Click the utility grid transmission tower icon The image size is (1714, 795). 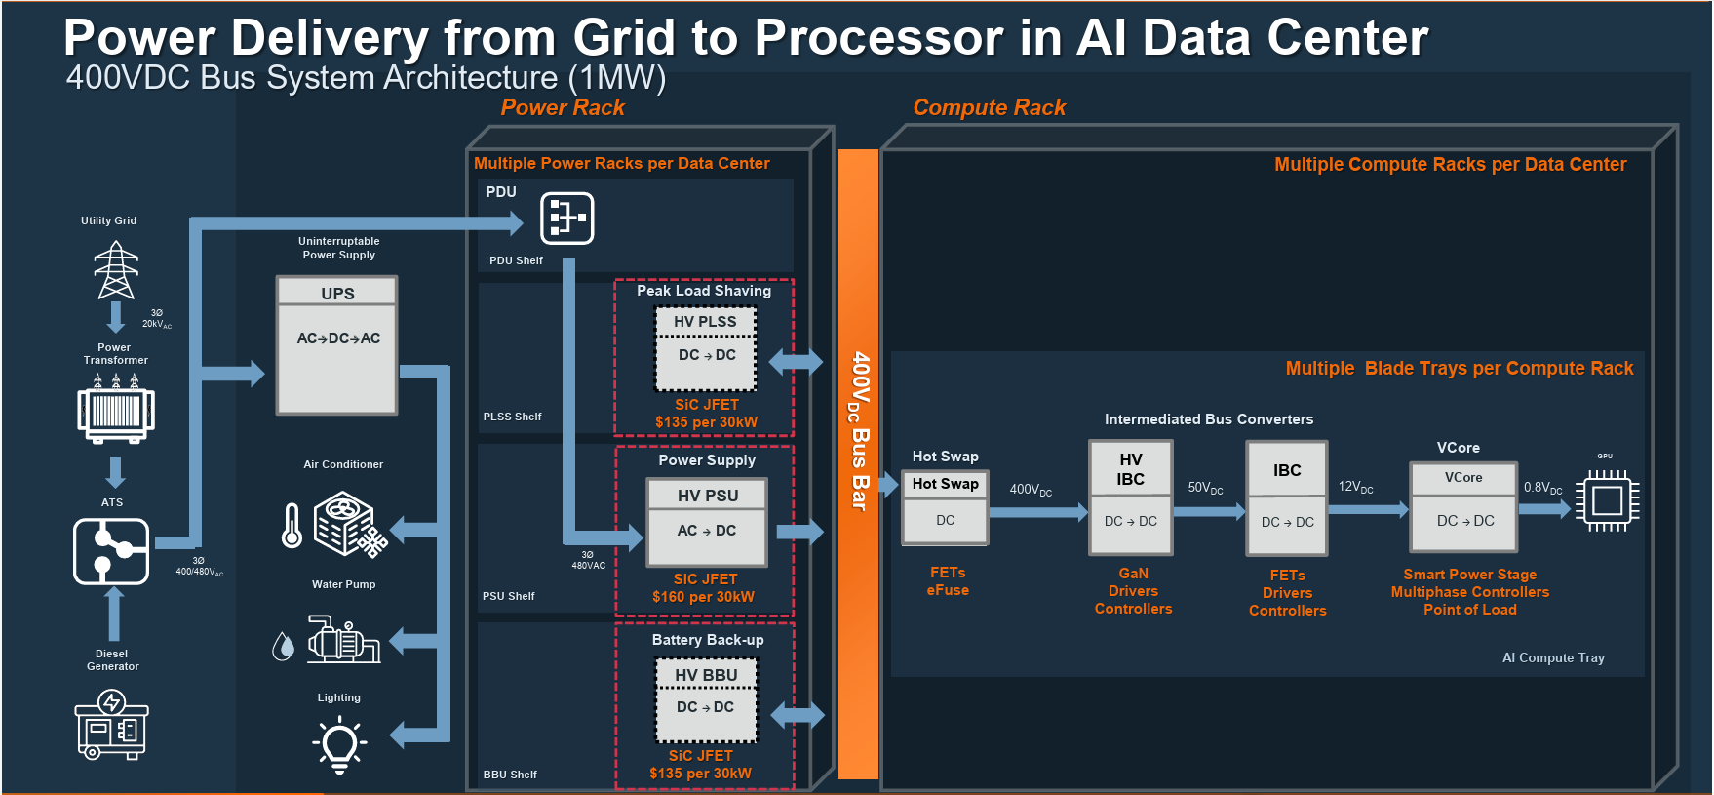tap(116, 269)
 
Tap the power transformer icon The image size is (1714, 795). tap(116, 411)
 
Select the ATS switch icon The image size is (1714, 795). tap(111, 551)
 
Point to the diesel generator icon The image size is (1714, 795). tap(111, 724)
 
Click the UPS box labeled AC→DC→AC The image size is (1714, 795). tap(337, 345)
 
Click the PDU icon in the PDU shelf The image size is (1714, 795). tap(566, 218)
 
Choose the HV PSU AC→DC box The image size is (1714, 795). tap(707, 521)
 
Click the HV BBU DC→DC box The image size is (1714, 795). tap(706, 699)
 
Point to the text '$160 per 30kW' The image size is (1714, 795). tap(703, 597)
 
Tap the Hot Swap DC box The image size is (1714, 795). tap(945, 508)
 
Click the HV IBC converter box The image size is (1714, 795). tap(1130, 497)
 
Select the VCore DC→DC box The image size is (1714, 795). tap(1464, 507)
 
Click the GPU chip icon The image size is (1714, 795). tap(1607, 501)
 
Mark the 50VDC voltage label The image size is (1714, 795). tap(1205, 488)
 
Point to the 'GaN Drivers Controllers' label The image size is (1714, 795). tap(1133, 591)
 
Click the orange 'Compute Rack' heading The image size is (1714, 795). tap(989, 107)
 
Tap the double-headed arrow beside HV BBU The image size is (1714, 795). tap(798, 716)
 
